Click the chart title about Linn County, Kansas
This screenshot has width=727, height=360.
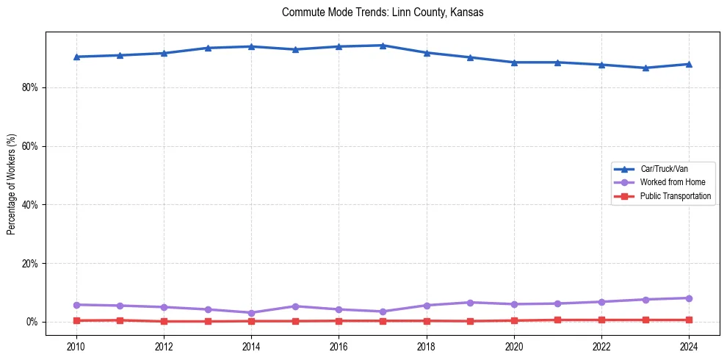(x=383, y=12)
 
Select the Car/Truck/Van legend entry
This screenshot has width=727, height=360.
(x=664, y=169)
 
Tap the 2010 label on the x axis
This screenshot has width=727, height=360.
(x=76, y=346)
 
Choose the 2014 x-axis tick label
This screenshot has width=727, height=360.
(x=251, y=346)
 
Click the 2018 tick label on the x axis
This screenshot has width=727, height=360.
(x=427, y=346)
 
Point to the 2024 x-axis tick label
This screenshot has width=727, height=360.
(x=689, y=346)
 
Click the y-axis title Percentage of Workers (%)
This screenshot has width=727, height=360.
(x=12, y=184)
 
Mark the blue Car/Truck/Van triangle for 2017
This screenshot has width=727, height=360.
(x=383, y=46)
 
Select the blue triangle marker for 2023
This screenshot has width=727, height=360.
(x=645, y=68)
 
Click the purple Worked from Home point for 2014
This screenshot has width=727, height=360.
(x=251, y=313)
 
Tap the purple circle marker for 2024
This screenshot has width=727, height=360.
(x=689, y=298)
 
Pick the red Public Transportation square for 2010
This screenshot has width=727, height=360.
(x=76, y=320)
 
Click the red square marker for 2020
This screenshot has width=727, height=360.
(x=514, y=320)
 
